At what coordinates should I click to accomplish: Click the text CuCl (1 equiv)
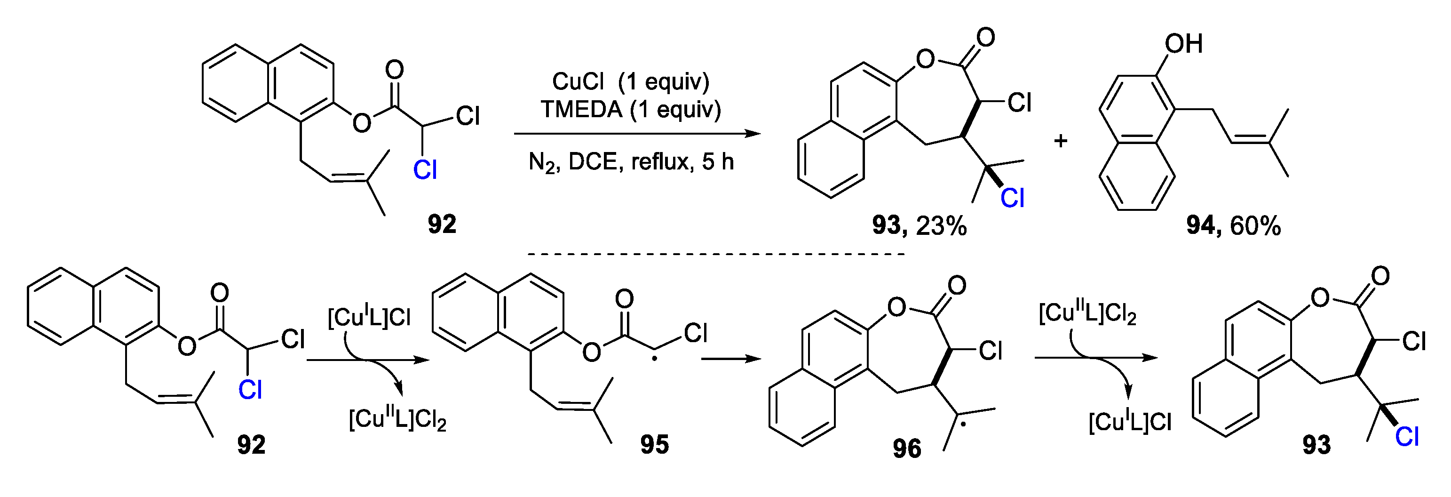click(630, 82)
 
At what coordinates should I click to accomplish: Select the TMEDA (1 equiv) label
click(630, 109)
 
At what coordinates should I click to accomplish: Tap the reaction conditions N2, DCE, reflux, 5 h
click(631, 162)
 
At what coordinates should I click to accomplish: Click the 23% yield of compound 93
click(941, 226)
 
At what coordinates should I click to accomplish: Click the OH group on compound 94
click(1183, 44)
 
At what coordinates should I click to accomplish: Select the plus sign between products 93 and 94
click(1061, 140)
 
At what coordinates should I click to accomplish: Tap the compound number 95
click(655, 445)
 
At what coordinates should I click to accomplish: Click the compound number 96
click(907, 449)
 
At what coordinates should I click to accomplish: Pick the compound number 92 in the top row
click(442, 224)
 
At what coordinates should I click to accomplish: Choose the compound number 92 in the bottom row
click(251, 445)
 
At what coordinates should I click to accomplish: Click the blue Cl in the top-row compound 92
click(425, 169)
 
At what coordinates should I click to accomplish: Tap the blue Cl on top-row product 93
click(1012, 198)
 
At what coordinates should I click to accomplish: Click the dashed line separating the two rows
click(715, 255)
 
